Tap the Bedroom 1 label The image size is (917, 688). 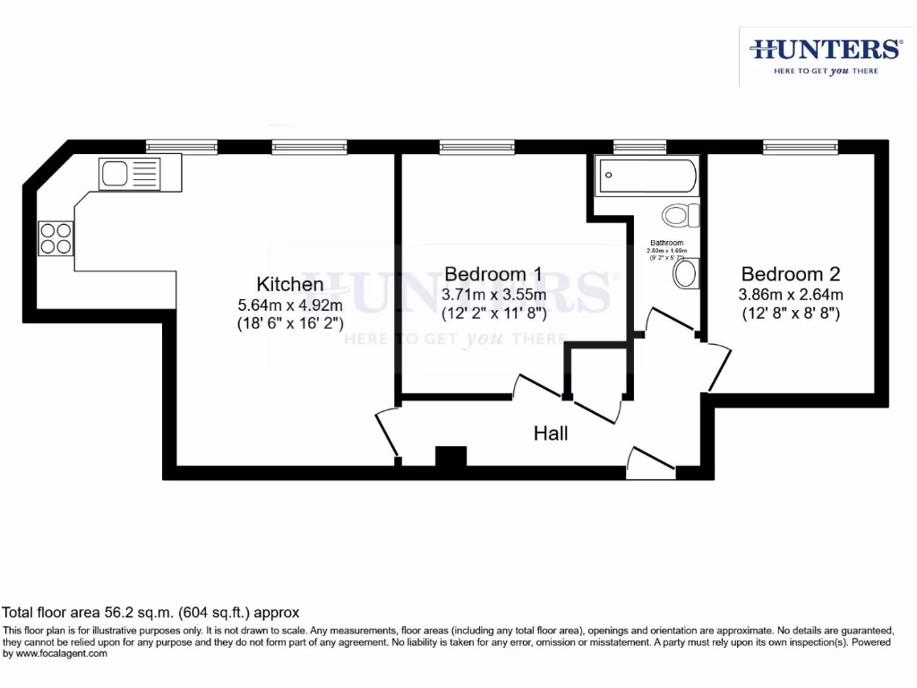(x=493, y=273)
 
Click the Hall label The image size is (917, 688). (x=551, y=434)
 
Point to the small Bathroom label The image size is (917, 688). (x=667, y=243)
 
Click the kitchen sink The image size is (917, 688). (x=130, y=173)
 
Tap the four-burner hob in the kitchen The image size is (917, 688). (x=56, y=237)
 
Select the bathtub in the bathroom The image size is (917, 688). (x=648, y=176)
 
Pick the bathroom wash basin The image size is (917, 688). (x=685, y=274)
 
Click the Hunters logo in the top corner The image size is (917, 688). (x=825, y=55)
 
